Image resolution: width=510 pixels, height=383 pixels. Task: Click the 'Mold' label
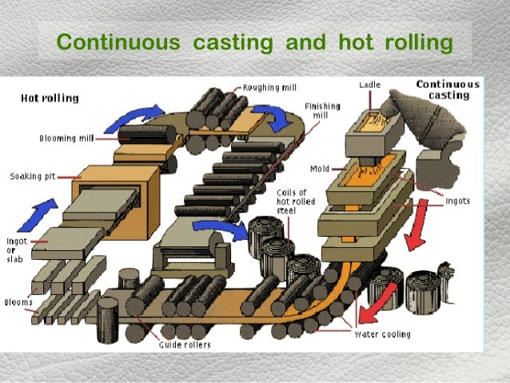click(x=321, y=169)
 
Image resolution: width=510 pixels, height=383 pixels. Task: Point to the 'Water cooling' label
click(x=382, y=334)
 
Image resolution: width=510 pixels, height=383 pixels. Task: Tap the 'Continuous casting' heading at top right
click(x=448, y=89)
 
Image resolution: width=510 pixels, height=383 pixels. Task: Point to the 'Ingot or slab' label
click(x=17, y=249)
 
